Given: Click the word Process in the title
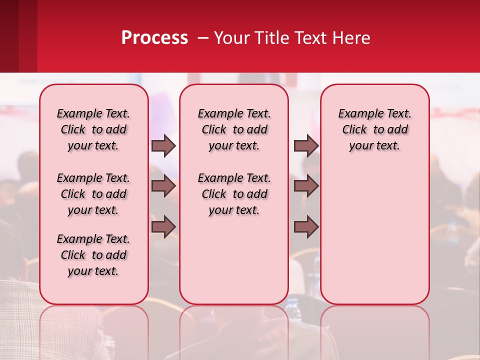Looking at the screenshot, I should pyautogui.click(x=154, y=38).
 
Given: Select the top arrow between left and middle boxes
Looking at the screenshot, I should pyautogui.click(x=163, y=145).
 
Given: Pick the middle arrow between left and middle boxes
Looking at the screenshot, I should pyautogui.click(x=163, y=186).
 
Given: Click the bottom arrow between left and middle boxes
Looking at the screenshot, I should pyautogui.click(x=163, y=226).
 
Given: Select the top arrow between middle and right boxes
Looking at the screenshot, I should pyautogui.click(x=306, y=145).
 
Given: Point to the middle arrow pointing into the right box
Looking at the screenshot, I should pyautogui.click(x=306, y=186).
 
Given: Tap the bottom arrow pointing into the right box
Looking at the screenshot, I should pyautogui.click(x=306, y=226).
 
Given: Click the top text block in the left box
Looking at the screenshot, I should pyautogui.click(x=93, y=129).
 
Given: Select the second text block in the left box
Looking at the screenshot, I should pyautogui.click(x=93, y=194).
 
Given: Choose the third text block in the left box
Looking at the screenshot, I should pyautogui.click(x=93, y=255).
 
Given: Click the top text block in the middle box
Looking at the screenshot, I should pyautogui.click(x=234, y=129).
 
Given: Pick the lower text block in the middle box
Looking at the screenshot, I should pyautogui.click(x=234, y=194).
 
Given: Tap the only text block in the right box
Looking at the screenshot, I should pyautogui.click(x=375, y=129).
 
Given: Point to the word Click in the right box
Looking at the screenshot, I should pyautogui.click(x=354, y=130).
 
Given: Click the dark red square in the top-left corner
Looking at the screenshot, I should pyautogui.click(x=18, y=36).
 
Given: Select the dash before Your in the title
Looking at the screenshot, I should pyautogui.click(x=203, y=38).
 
